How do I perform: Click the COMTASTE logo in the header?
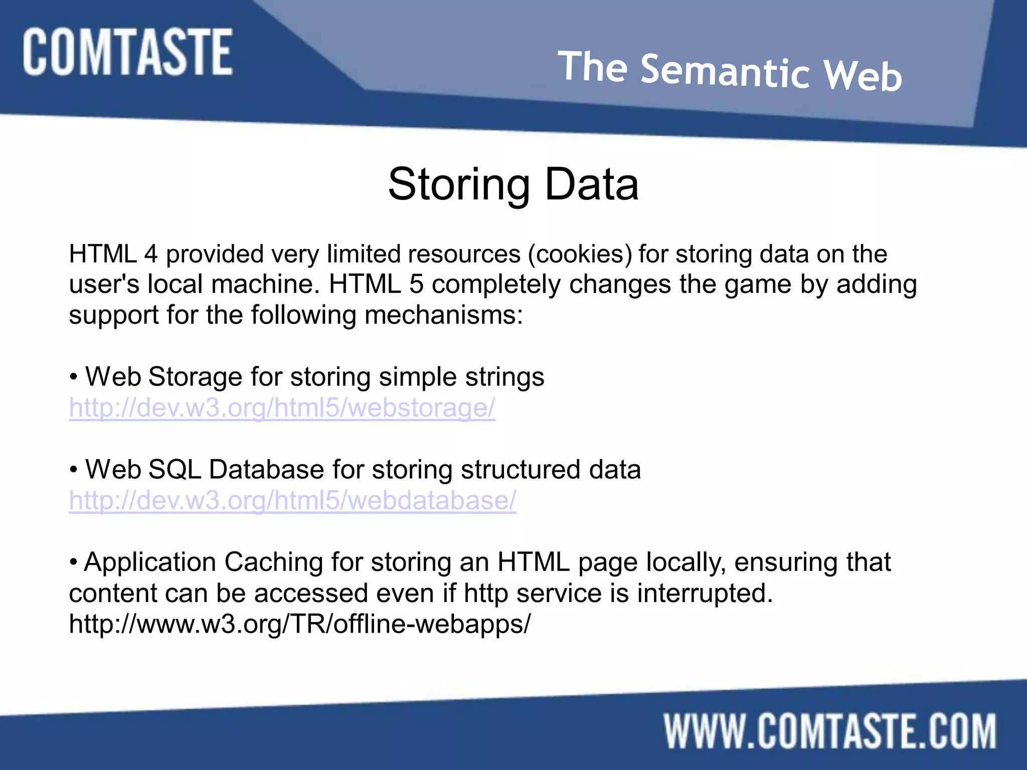click(127, 52)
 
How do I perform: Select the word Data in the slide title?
click(592, 184)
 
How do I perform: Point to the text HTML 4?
click(113, 254)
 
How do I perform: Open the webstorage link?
click(282, 408)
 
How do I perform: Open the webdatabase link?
click(292, 500)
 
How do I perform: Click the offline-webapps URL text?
click(299, 624)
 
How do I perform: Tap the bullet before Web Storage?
click(74, 377)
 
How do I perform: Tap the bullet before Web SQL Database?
click(74, 470)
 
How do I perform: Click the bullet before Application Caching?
click(74, 562)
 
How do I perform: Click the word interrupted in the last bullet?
click(704, 594)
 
